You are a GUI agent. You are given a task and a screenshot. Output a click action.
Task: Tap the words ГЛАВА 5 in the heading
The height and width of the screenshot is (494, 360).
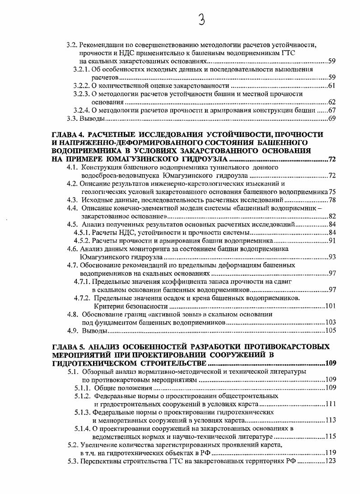click(x=68, y=347)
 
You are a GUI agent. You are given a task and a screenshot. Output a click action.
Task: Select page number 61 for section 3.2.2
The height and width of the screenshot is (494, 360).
click(x=331, y=86)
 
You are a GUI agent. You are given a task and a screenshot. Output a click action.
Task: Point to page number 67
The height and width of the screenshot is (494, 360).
click(x=331, y=110)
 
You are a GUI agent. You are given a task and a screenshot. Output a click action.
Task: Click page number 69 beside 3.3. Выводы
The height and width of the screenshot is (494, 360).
click(x=331, y=119)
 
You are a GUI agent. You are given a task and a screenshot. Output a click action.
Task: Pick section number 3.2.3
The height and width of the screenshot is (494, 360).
click(x=82, y=94)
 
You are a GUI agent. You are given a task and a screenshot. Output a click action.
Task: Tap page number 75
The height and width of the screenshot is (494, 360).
click(x=332, y=192)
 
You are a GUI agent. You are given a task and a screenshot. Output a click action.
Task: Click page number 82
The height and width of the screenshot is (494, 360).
click(x=332, y=216)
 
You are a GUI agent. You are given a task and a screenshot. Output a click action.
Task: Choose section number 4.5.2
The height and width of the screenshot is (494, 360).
click(x=82, y=240)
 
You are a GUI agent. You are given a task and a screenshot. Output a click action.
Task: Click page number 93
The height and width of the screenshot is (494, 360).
click(x=332, y=257)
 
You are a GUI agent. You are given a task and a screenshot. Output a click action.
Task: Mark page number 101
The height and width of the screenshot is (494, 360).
click(x=330, y=306)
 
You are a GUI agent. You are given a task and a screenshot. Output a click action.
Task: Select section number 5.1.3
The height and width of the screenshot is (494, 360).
click(x=83, y=412)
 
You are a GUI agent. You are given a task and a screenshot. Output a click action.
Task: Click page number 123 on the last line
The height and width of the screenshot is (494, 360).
click(x=330, y=461)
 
